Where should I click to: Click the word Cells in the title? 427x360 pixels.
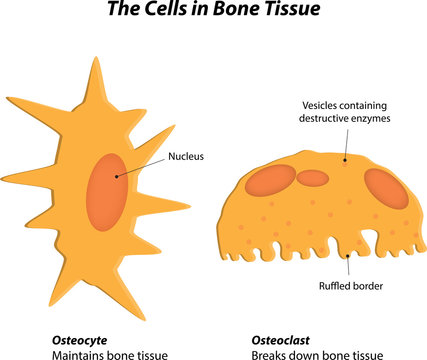tap(170, 13)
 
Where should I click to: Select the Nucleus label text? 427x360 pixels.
tap(187, 155)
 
